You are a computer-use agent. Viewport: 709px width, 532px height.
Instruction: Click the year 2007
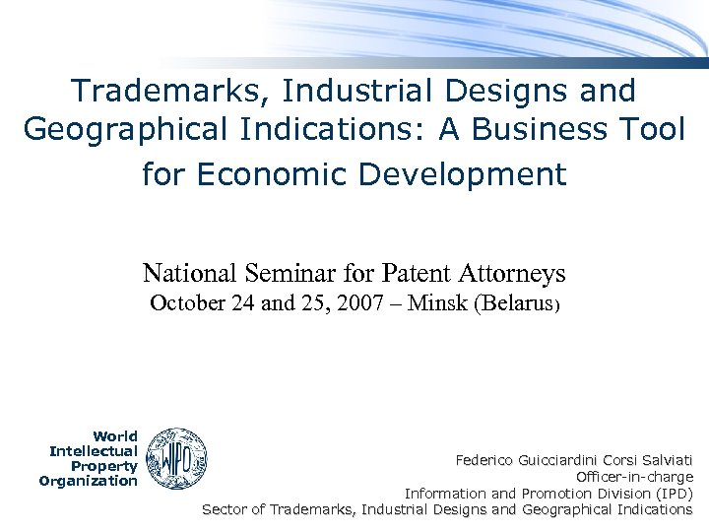[353, 304]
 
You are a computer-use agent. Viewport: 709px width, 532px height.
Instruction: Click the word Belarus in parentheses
[518, 304]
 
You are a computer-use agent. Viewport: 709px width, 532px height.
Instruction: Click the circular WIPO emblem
[176, 458]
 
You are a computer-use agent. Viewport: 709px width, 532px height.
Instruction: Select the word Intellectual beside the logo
[94, 451]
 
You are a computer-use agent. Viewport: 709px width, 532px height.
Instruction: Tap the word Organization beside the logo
[89, 481]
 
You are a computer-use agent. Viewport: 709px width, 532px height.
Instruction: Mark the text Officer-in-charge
[634, 477]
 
